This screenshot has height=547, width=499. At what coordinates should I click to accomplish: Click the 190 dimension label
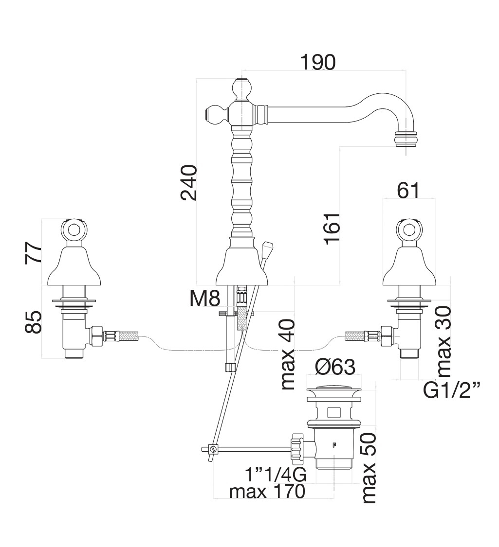click(x=317, y=63)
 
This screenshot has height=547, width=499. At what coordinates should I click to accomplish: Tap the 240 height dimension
click(x=188, y=183)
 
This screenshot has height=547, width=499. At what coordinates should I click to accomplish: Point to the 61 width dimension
click(x=408, y=190)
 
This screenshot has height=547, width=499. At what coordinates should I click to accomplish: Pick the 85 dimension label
click(x=34, y=322)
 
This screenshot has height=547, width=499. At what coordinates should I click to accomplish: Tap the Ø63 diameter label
click(x=335, y=367)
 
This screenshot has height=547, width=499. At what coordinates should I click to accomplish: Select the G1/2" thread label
click(x=452, y=390)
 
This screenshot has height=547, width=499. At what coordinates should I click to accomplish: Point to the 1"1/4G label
click(x=276, y=474)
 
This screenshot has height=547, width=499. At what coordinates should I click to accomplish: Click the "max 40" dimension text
click(x=288, y=354)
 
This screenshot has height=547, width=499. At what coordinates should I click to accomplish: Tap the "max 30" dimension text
click(x=444, y=341)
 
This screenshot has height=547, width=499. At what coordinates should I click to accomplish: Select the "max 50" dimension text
click(x=369, y=468)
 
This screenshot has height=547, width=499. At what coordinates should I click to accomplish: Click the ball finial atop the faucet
click(x=241, y=88)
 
